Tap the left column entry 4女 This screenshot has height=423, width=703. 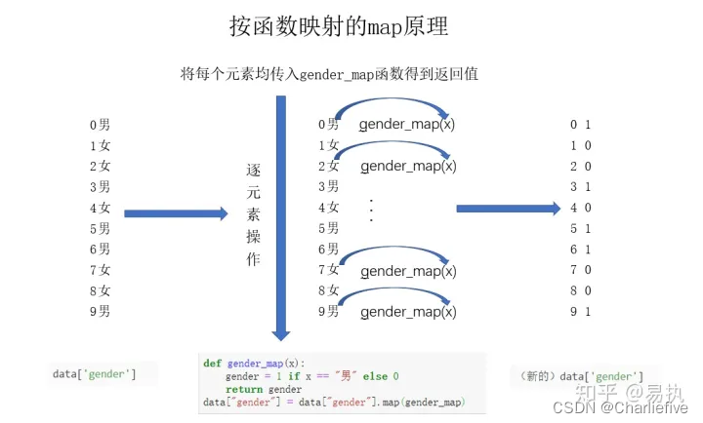click(100, 208)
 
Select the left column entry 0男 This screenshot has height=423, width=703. click(100, 125)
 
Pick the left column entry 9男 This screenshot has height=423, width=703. click(100, 311)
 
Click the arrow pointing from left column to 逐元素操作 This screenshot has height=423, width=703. click(176, 213)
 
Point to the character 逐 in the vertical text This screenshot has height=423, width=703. click(253, 170)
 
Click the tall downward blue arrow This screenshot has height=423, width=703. click(281, 214)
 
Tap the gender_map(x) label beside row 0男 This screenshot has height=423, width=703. click(407, 125)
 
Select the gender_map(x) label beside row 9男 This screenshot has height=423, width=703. click(407, 311)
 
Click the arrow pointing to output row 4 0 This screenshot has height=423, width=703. click(508, 208)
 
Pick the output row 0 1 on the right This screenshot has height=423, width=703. click(581, 125)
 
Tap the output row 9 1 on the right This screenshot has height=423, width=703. click(581, 311)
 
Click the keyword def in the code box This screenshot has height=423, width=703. click(212, 363)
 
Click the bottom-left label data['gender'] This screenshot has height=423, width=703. click(95, 374)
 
